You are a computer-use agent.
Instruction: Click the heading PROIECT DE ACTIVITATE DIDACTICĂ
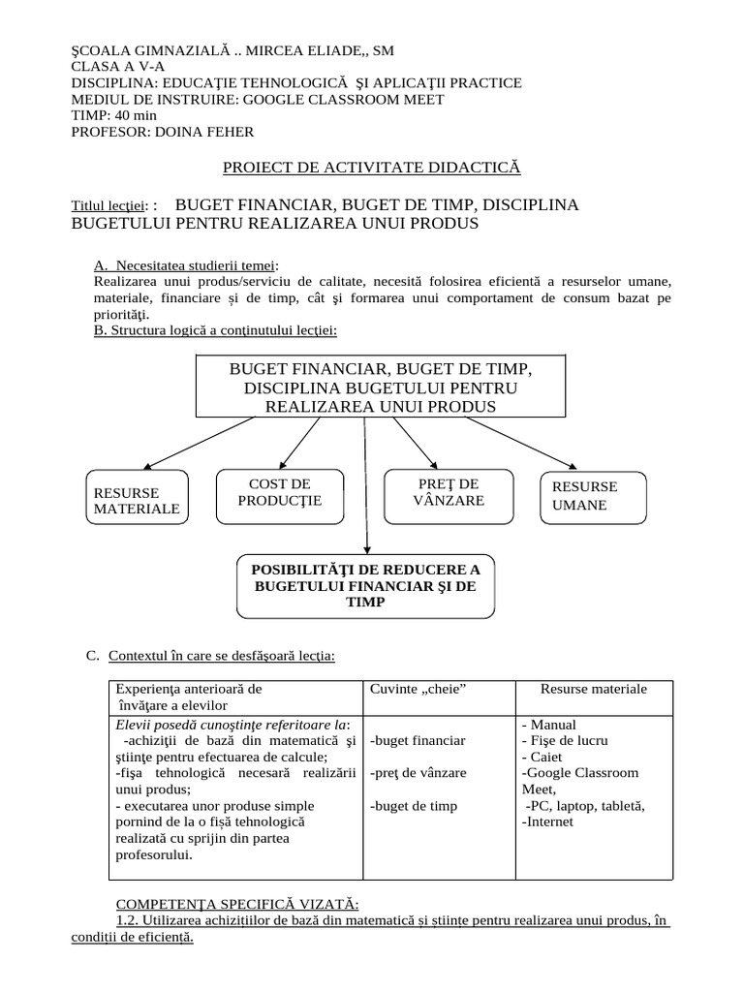click(x=372, y=168)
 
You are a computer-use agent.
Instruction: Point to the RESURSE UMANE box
click(x=592, y=496)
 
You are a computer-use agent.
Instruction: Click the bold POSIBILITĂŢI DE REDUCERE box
click(x=365, y=585)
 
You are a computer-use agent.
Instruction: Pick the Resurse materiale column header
click(x=593, y=689)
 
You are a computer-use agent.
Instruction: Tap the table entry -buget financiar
click(x=418, y=740)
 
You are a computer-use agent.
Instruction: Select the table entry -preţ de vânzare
click(x=418, y=773)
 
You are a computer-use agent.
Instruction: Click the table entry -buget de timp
click(x=414, y=806)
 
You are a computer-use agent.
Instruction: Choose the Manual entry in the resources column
click(x=551, y=724)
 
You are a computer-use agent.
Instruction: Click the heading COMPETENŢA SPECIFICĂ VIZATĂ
click(x=237, y=904)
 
